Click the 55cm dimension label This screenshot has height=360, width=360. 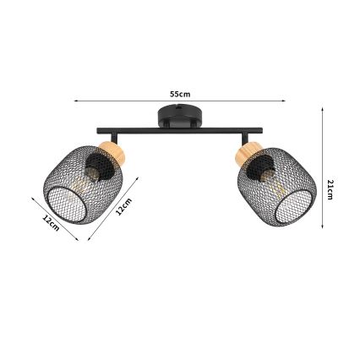coord(180,94)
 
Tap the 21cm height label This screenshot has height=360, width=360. coord(331,190)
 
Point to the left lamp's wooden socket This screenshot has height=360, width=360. coord(110,155)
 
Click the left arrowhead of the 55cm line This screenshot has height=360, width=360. coord(75,101)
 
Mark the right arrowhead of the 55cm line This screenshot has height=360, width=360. coord(285,101)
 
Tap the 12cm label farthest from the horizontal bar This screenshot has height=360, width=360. coord(50,224)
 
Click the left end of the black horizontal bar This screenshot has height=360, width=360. coord(99,131)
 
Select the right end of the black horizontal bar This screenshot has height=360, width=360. coord(260,131)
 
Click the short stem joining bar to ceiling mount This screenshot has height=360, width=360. coord(178,126)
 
